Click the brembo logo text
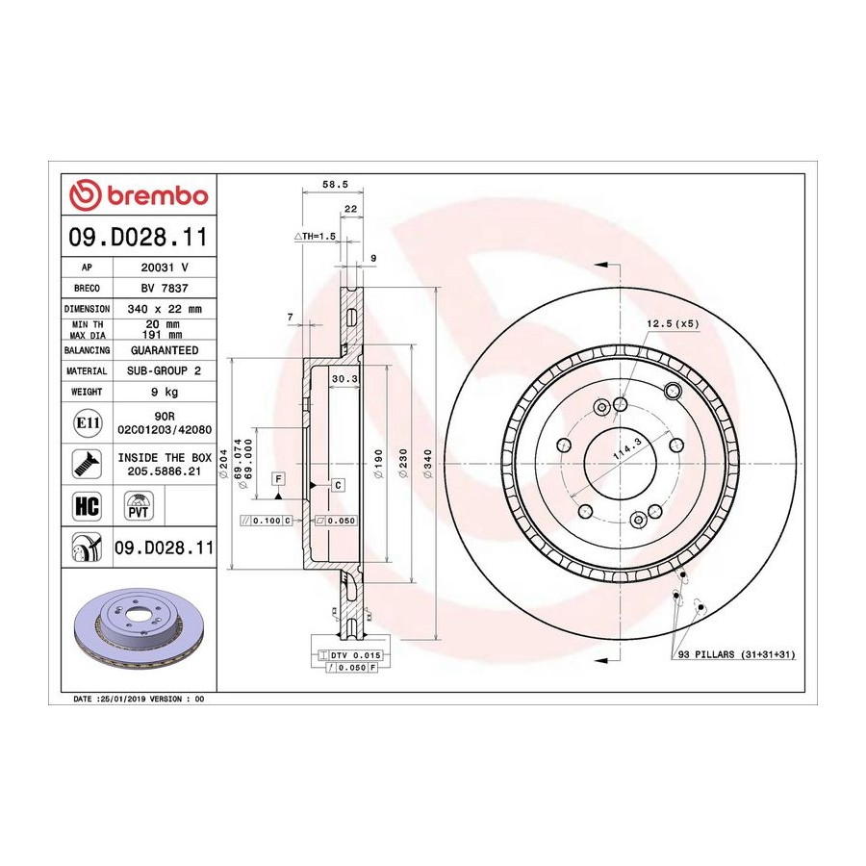click(x=158, y=196)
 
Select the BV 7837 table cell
click(x=165, y=288)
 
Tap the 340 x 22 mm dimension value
click(x=165, y=309)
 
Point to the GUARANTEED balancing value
click(x=165, y=350)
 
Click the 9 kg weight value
click(x=165, y=392)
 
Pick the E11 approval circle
click(x=88, y=423)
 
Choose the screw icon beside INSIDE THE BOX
click(x=87, y=464)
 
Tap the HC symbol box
click(x=87, y=506)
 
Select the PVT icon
click(x=138, y=506)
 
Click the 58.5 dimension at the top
click(x=335, y=185)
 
